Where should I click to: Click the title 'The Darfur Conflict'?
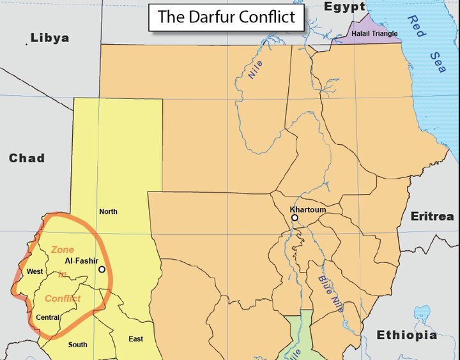[226, 17]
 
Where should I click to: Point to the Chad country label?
[26, 158]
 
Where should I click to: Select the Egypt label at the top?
[344, 7]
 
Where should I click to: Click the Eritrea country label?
[432, 216]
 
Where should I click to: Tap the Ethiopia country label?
[406, 335]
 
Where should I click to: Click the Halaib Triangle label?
[374, 34]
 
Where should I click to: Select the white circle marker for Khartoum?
[295, 218]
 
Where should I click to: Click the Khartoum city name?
[308, 209]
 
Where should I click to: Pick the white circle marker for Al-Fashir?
[102, 269]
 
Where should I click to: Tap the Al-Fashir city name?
[81, 261]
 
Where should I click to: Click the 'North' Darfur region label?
[108, 211]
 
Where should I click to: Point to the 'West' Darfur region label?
[34, 272]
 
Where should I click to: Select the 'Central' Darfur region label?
[48, 317]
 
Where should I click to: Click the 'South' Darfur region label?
[78, 345]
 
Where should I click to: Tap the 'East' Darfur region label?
[135, 339]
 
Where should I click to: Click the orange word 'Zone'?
[63, 250]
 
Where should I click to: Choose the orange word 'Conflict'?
[63, 298]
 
